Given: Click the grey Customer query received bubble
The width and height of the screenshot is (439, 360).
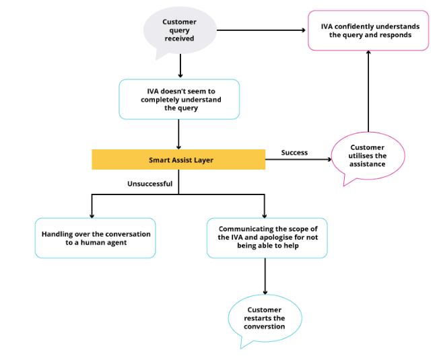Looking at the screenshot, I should pyautogui.click(x=179, y=30).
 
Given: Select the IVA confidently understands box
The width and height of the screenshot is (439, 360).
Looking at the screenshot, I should pyautogui.click(x=368, y=30).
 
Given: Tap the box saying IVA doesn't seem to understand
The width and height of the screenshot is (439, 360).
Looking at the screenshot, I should pyautogui.click(x=179, y=100).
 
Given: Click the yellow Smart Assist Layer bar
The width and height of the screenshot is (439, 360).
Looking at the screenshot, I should pyautogui.click(x=178, y=159).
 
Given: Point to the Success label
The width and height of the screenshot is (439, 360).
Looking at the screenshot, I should pyautogui.click(x=294, y=153).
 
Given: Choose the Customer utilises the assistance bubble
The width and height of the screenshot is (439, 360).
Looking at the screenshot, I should pyautogui.click(x=368, y=155).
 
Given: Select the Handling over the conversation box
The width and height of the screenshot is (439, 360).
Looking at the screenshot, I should pyautogui.click(x=96, y=238).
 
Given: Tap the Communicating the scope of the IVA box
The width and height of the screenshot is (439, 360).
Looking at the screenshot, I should pyautogui.click(x=267, y=238).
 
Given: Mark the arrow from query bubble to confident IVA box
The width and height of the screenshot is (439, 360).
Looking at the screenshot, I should pyautogui.click(x=263, y=30).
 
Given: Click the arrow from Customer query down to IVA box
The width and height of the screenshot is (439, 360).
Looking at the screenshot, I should pyautogui.click(x=180, y=66).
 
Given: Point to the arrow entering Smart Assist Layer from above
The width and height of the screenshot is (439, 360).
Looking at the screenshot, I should pyautogui.click(x=179, y=135).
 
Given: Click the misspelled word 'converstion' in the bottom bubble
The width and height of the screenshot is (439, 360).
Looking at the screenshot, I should pyautogui.click(x=265, y=326).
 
